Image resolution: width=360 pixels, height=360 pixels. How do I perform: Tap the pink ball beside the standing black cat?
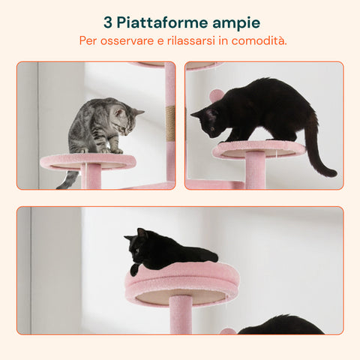pyautogui.click(x=216, y=96)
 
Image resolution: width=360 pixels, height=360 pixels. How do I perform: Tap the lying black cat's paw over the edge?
pyautogui.click(x=134, y=268)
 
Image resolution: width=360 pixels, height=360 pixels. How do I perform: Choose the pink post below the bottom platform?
pyautogui.click(x=180, y=315)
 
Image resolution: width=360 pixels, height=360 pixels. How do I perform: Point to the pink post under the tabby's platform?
pyautogui.click(x=92, y=178)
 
